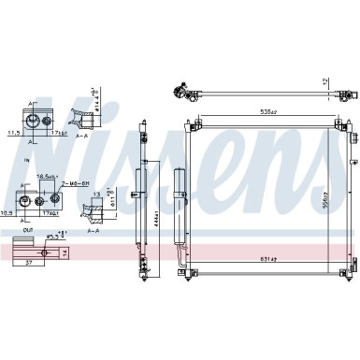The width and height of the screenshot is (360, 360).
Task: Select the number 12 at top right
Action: [325, 82]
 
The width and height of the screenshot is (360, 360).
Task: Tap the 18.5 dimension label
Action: [44, 176]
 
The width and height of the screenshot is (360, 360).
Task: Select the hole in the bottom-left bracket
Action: [43, 251]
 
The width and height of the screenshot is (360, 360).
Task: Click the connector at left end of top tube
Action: [175, 93]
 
